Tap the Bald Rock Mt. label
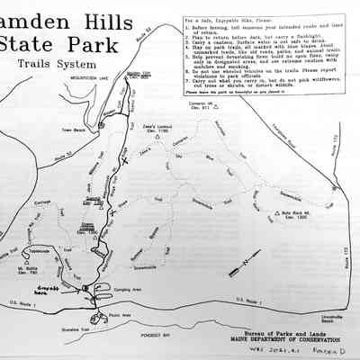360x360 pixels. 275,213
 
